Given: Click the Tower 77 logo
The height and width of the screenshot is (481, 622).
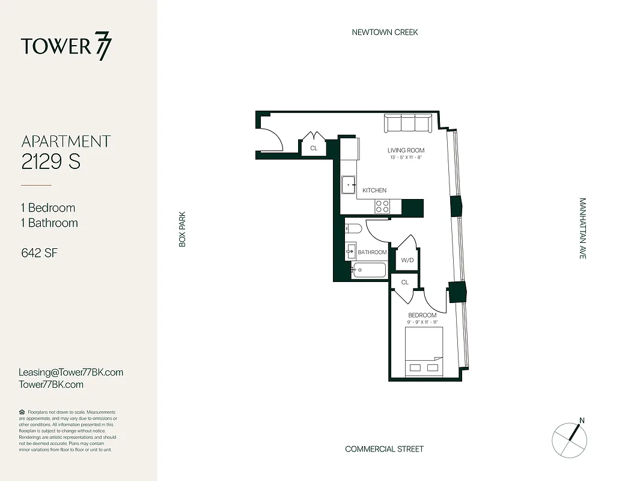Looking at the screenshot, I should [x=66, y=47].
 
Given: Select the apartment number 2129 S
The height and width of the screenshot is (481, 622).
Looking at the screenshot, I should [x=51, y=162].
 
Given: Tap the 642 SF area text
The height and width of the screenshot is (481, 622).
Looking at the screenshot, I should [x=39, y=253].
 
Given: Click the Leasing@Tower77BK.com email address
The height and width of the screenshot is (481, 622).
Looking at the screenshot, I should [x=71, y=372].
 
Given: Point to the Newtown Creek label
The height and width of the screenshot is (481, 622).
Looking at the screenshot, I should [x=385, y=32].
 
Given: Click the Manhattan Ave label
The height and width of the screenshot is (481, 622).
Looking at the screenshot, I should [x=582, y=228].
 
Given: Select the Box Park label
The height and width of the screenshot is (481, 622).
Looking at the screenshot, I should [x=182, y=228].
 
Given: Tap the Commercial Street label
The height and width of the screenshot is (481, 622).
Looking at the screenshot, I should [x=384, y=449].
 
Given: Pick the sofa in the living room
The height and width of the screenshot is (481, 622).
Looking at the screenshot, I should [x=408, y=124].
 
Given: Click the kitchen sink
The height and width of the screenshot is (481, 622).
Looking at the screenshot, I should [x=349, y=186].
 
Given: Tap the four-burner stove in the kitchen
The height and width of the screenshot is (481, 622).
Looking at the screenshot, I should [x=382, y=206].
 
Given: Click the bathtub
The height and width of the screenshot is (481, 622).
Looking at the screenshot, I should [x=369, y=270].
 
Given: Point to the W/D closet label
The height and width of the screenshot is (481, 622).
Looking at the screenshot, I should [x=407, y=260].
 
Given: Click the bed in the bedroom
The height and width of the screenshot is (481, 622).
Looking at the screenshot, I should [x=424, y=352].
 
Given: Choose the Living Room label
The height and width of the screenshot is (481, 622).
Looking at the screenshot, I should [x=406, y=150].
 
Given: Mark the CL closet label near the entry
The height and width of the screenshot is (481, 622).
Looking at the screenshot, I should [x=314, y=148].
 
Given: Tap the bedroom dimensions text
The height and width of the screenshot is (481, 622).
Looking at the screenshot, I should [x=422, y=322].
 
